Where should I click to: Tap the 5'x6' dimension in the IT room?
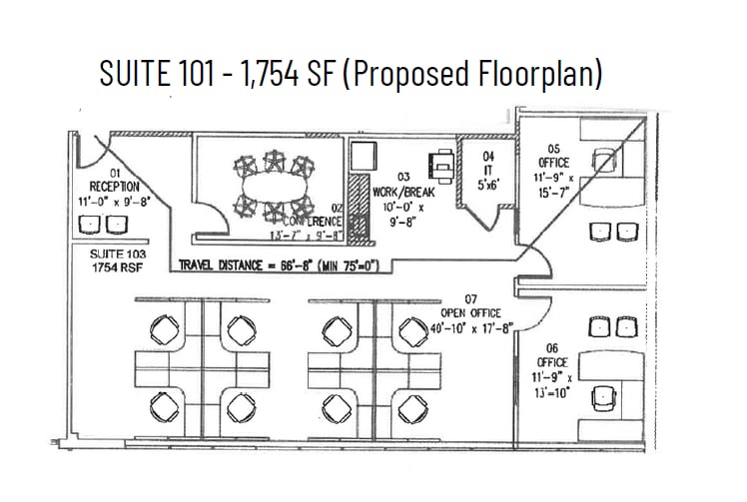(x=488, y=186)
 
